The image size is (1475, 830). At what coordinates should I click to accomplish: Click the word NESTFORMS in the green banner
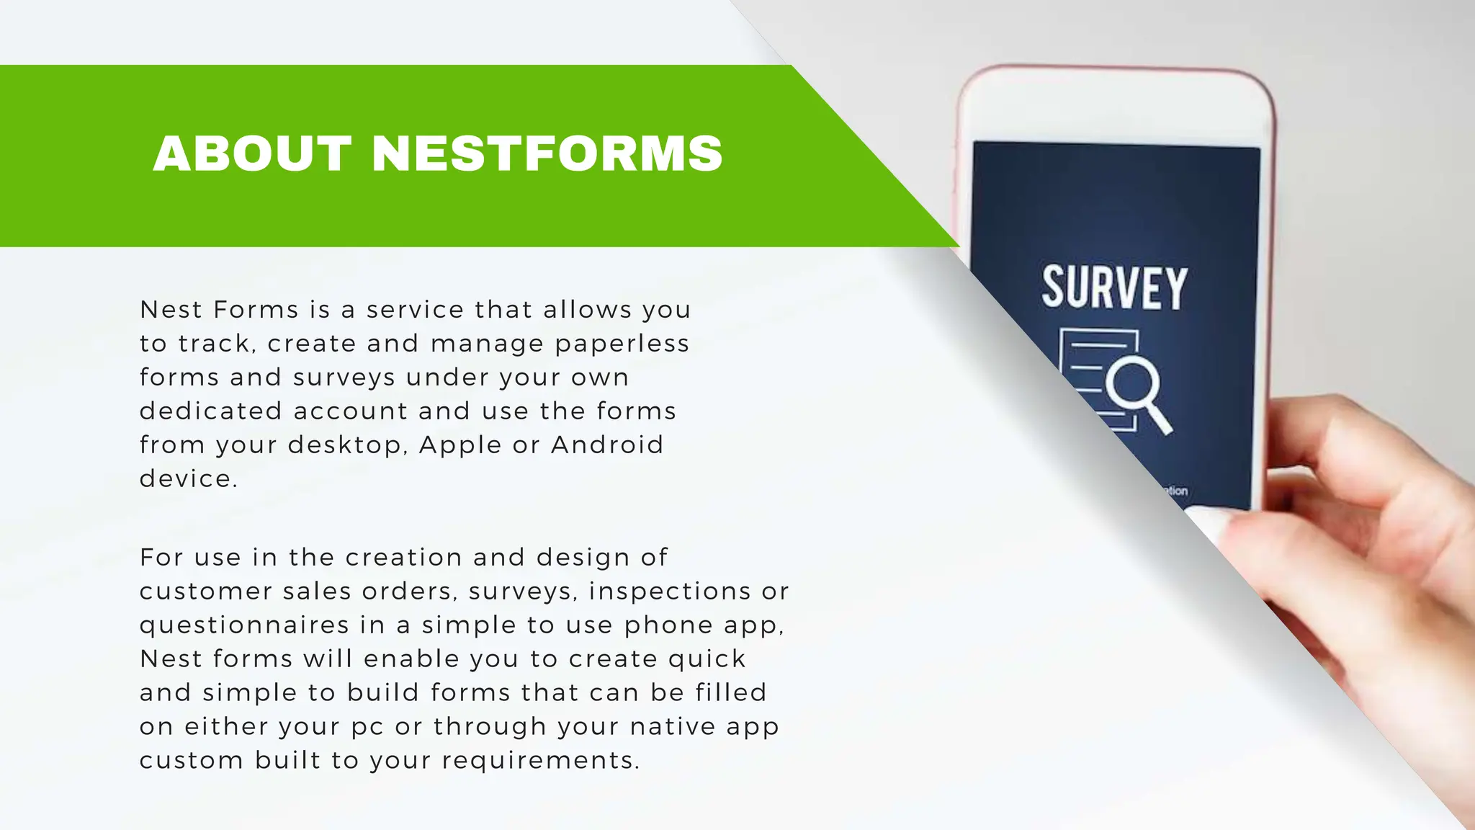[547, 153]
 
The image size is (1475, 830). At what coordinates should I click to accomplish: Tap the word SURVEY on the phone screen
[1114, 288]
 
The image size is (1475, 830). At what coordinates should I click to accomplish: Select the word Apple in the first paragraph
[459, 445]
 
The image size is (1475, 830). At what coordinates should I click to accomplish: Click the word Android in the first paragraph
[607, 445]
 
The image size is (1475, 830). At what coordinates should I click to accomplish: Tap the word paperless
[622, 344]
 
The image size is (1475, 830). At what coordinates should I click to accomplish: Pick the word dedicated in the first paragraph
[210, 411]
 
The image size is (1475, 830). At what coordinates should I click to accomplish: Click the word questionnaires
[244, 625]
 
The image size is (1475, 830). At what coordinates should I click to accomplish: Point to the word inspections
[660, 591]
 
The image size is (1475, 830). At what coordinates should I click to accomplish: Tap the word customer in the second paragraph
[205, 591]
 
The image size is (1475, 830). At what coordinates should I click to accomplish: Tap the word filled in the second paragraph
[731, 692]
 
